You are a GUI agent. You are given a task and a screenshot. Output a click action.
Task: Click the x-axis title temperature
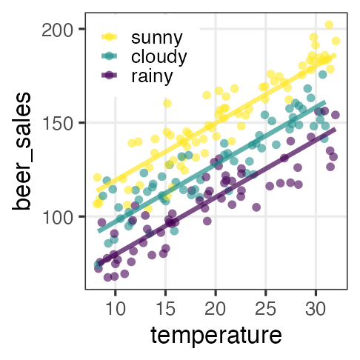coord(216,335)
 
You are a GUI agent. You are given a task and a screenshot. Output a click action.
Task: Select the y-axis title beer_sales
coord(25,151)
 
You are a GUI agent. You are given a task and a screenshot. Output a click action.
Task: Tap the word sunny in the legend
coord(156,36)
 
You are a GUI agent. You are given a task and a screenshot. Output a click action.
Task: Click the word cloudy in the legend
coord(159,56)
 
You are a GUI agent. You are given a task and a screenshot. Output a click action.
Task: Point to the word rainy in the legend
coord(152,76)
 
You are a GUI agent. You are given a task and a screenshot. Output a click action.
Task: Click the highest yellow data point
coord(329,25)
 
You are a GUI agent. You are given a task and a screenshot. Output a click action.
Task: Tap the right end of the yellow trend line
coord(335,54)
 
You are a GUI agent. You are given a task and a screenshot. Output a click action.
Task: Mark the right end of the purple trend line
coord(335,129)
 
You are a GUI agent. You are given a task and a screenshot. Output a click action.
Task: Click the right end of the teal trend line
coord(324,101)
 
